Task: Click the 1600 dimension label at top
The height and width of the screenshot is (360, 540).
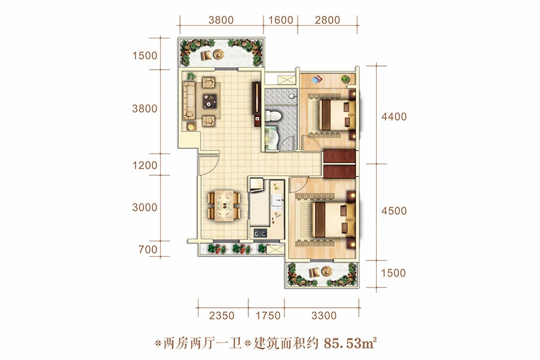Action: coord(281,20)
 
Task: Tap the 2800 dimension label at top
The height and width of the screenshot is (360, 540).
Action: coord(327,20)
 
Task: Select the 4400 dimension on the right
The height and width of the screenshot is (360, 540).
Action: coord(394,117)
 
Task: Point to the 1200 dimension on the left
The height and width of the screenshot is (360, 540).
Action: coord(145,166)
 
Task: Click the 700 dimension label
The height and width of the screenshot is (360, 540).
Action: coord(148,250)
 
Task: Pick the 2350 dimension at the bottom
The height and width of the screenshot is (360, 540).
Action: coord(221,316)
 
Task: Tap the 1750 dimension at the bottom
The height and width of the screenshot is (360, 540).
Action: coord(268,316)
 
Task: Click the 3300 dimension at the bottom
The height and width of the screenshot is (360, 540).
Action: coord(324,316)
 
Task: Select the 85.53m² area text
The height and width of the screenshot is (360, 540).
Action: coord(350,343)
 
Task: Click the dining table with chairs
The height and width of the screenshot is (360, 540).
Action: coord(224,206)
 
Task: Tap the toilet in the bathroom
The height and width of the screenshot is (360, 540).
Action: coord(273,115)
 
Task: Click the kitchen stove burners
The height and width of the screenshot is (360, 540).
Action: coord(260,233)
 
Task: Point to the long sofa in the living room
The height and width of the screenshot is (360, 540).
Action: coord(188,100)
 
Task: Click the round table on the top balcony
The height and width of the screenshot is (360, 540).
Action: coord(218,54)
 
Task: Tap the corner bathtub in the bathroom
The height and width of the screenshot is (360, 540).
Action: coord(272,138)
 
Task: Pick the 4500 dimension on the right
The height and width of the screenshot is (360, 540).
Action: coord(394,211)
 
